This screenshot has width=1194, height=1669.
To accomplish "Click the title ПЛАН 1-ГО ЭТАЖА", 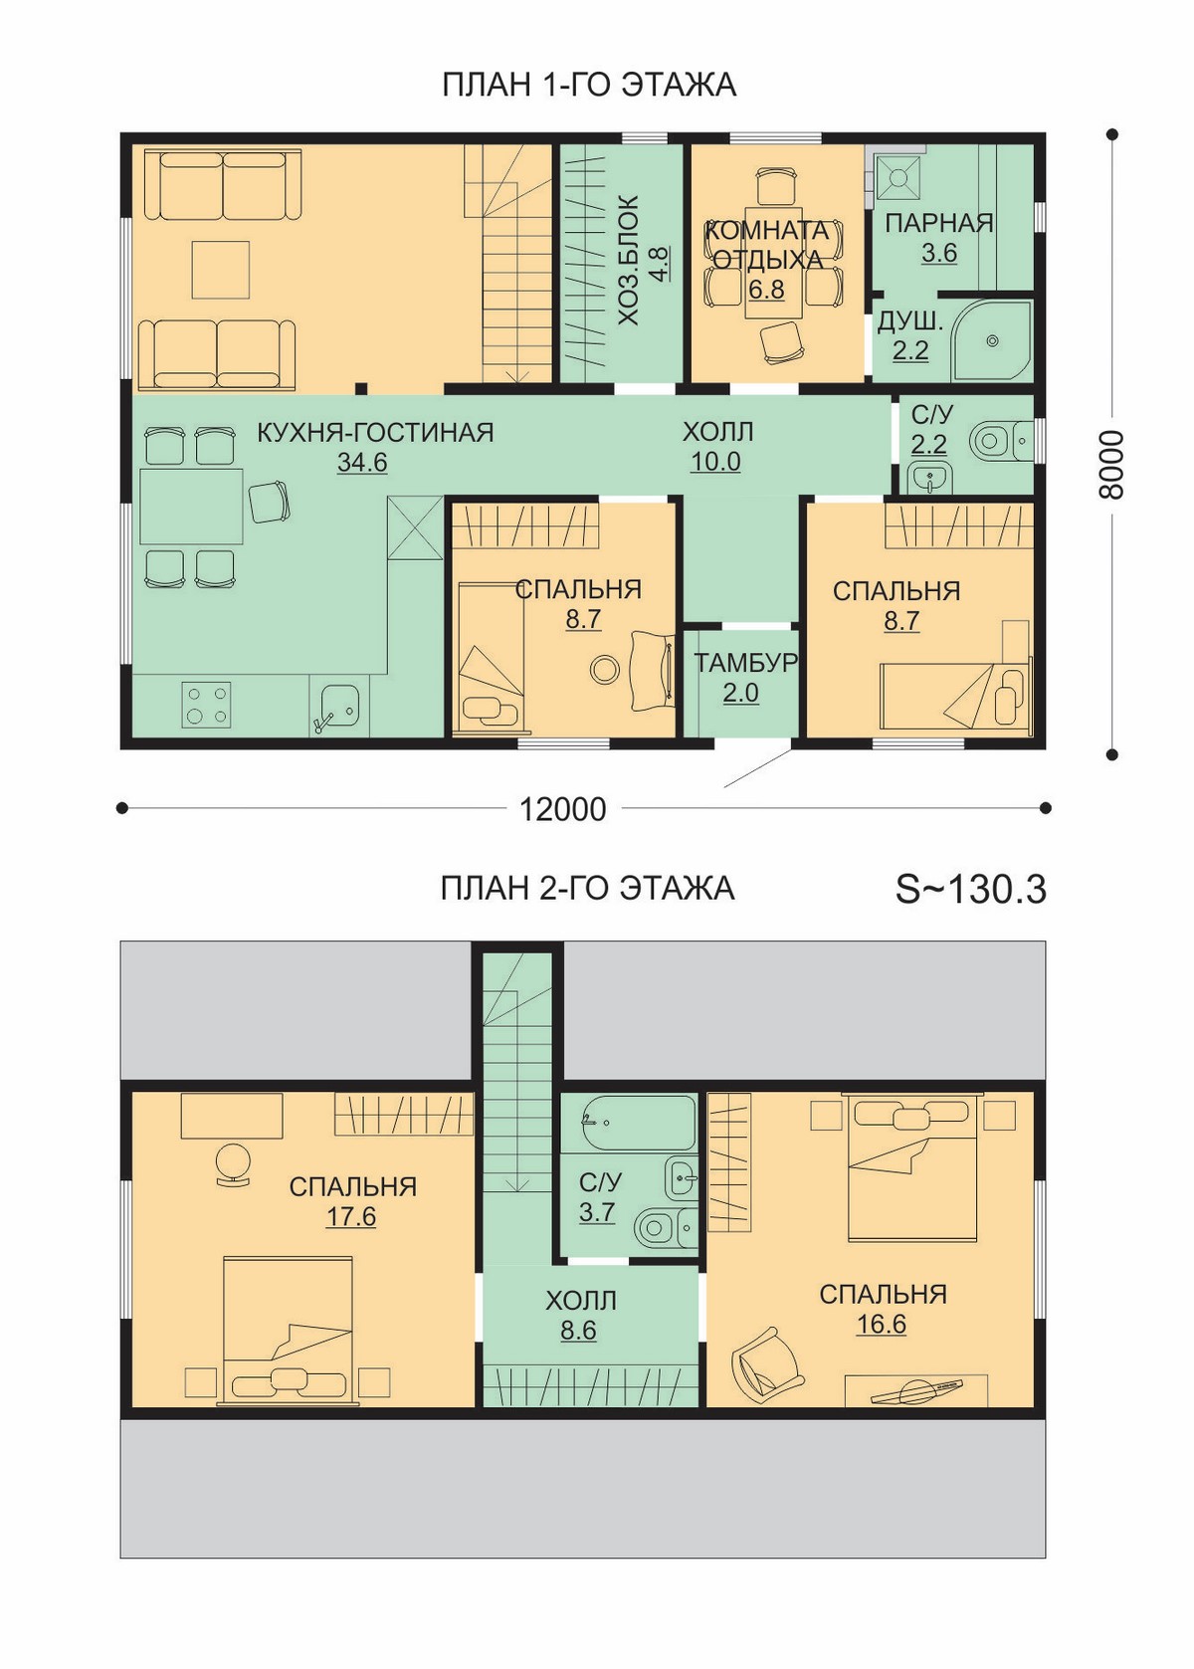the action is (588, 86).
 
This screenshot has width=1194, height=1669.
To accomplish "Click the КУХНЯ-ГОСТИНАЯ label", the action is (375, 433).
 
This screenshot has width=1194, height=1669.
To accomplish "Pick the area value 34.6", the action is (362, 463).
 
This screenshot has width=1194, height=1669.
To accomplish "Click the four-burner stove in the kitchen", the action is (206, 705).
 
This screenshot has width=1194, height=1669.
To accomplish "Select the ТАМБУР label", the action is (745, 663).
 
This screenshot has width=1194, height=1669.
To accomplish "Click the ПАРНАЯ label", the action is (938, 223).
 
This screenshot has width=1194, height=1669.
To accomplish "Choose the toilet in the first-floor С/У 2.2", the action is (998, 441).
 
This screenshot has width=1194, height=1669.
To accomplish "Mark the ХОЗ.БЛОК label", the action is (629, 260).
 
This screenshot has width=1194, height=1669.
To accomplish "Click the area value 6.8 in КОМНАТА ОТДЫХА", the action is (766, 289).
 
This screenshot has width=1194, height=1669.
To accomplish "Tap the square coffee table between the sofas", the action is (220, 269).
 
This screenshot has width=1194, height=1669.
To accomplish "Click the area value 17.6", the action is (351, 1217).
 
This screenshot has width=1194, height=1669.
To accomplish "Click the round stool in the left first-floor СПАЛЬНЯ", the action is (604, 669).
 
